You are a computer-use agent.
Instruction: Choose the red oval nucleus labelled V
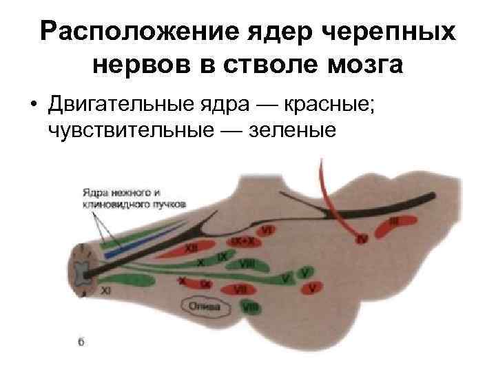(x=313, y=286)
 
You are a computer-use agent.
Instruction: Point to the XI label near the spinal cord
(x=106, y=291)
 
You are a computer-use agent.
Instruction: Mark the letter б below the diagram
(x=81, y=343)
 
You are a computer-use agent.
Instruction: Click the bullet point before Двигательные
(x=32, y=105)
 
